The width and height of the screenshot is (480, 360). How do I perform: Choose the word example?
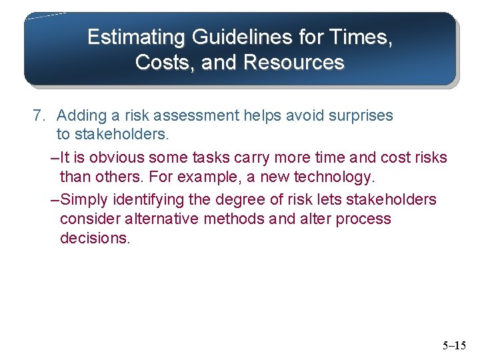[216, 178]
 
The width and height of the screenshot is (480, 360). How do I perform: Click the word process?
[365, 219]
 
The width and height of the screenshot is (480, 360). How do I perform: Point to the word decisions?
[95, 239]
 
